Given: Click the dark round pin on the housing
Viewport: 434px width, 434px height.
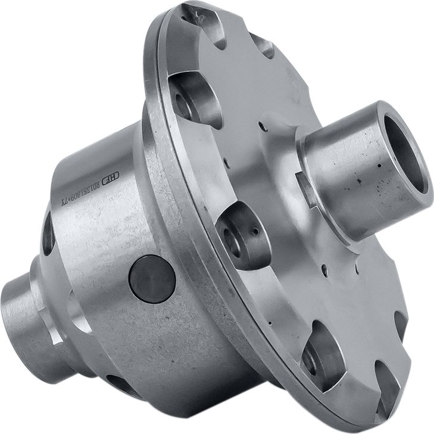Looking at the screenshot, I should pyautogui.click(x=152, y=279).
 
